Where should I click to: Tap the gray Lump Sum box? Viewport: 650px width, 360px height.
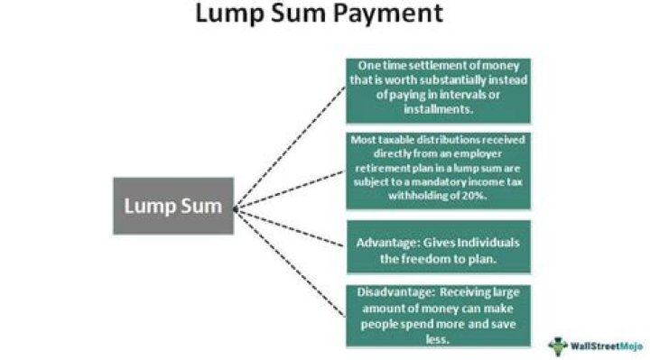[x=172, y=206]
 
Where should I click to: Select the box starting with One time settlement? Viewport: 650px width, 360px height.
[x=438, y=90]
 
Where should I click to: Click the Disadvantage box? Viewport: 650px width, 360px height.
[x=438, y=314]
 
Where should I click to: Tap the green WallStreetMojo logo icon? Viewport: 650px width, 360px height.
[x=558, y=344]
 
